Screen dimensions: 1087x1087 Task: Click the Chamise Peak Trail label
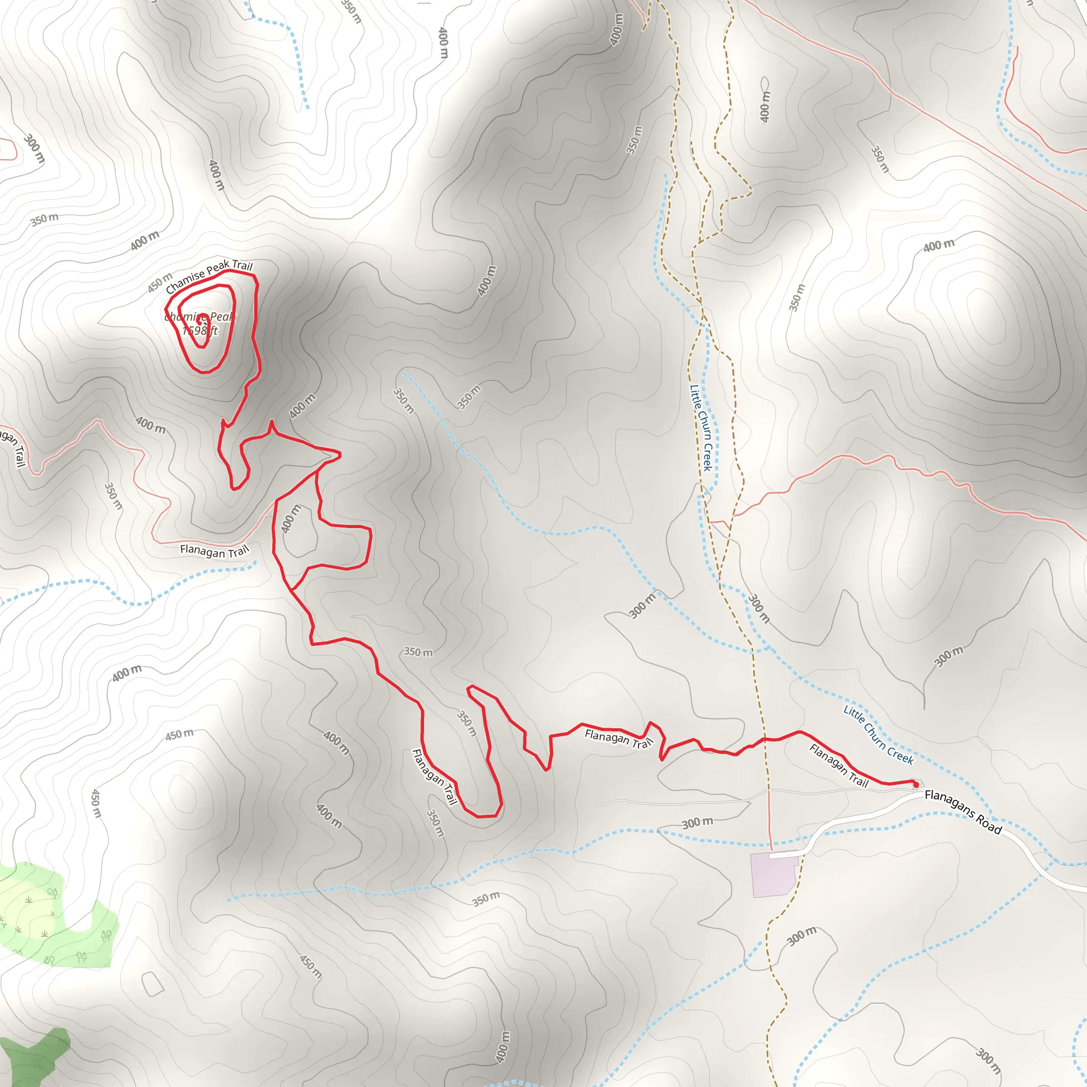(209, 275)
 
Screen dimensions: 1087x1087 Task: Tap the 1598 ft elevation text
(200, 331)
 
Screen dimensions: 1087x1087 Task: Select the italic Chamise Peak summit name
(200, 317)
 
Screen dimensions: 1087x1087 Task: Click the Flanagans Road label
(963, 812)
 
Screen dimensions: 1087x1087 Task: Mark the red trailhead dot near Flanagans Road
(916, 784)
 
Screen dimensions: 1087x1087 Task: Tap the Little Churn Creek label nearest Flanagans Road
(878, 735)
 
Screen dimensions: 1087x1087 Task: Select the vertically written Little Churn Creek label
(702, 428)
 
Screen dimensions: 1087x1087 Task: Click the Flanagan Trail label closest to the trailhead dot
(838, 765)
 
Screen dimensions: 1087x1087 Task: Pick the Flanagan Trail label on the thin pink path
(214, 551)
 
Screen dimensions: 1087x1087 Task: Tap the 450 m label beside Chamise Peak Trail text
(160, 282)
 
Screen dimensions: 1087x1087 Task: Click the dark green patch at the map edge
(34, 1058)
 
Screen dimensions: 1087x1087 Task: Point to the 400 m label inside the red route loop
(290, 519)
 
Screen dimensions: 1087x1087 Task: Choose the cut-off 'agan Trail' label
(12, 447)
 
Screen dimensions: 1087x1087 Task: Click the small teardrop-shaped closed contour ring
(765, 83)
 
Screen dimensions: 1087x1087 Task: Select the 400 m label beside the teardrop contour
(765, 107)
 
